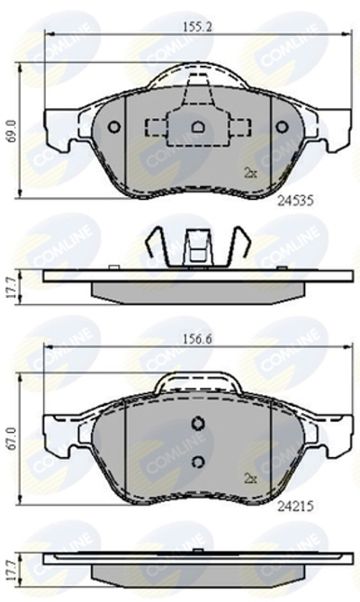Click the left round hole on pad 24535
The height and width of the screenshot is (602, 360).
(114, 127)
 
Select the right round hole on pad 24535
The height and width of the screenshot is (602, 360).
(281, 127)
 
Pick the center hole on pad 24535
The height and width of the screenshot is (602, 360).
(197, 127)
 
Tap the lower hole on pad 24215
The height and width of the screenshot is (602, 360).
(199, 462)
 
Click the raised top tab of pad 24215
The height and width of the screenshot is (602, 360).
(199, 384)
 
